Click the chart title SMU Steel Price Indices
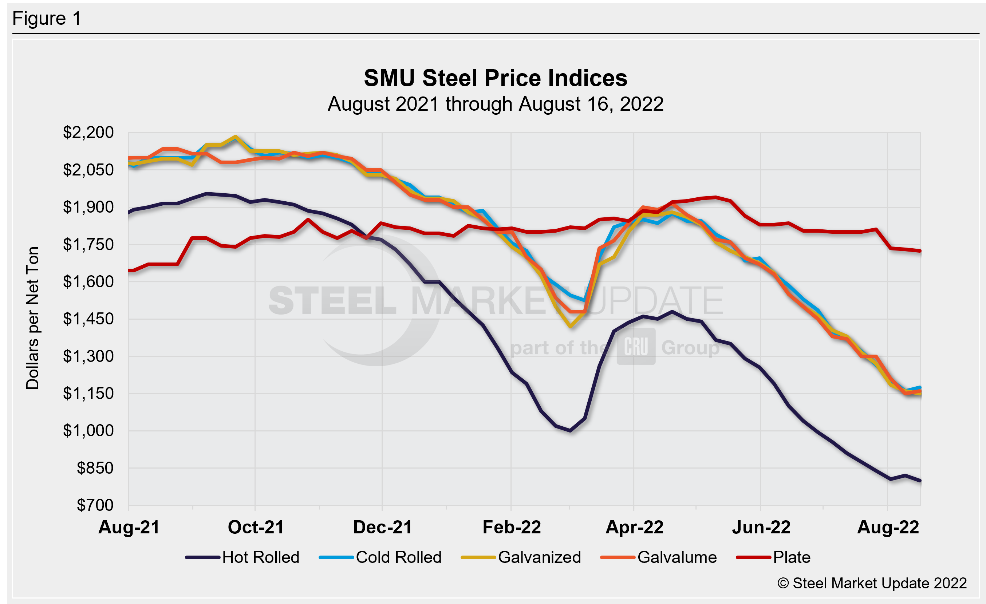pos(496,78)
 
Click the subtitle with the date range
pos(496,104)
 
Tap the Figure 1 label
pos(47,19)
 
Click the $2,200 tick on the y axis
pos(88,133)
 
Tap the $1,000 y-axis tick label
pos(88,431)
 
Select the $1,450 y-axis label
pos(88,319)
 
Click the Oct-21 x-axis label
pos(256,527)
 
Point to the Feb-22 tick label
pos(512,527)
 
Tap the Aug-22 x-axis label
pos(888,527)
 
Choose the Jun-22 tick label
pos(761,527)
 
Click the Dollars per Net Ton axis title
pos(32,318)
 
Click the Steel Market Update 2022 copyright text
pos(872,583)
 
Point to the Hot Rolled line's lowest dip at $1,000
pos(570,431)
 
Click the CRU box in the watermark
pos(636,346)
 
